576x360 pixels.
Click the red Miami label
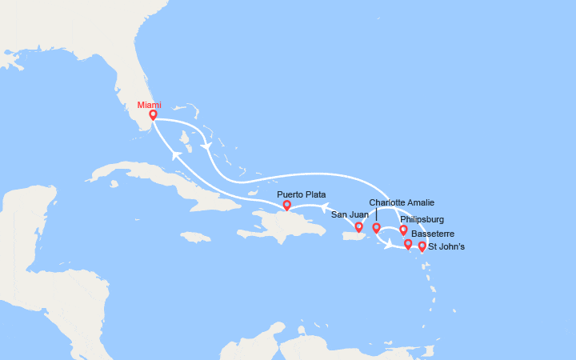point(149,104)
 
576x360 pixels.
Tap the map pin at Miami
point(153,115)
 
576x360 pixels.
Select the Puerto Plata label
point(302,194)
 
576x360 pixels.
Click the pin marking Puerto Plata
point(286,206)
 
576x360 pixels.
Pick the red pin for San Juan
point(359,227)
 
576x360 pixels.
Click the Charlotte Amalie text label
point(402,203)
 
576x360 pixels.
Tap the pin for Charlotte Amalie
point(376,229)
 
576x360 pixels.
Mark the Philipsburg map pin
point(403,230)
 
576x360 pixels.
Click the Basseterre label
point(430,234)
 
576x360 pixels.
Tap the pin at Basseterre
point(408,244)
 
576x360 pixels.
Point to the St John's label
point(446,246)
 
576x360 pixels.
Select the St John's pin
point(422,247)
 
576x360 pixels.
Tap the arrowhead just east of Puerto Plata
point(325,210)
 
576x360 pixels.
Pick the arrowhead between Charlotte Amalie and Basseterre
point(390,245)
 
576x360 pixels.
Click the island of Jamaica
point(195,237)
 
